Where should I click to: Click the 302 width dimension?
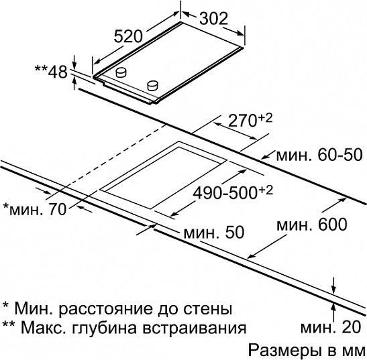(214, 18)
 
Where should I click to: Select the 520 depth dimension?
(128, 36)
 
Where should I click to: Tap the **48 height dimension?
(51, 72)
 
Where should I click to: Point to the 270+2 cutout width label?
(250, 120)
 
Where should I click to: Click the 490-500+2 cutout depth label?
(233, 193)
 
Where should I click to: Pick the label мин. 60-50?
(319, 155)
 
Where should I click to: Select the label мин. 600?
(311, 225)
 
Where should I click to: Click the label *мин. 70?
(35, 209)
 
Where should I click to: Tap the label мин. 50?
(214, 232)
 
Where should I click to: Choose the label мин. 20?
(331, 327)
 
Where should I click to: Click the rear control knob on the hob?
(121, 72)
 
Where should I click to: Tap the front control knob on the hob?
(152, 85)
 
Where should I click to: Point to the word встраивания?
(195, 328)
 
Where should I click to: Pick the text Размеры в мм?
(307, 350)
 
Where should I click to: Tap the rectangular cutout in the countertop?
(163, 175)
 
